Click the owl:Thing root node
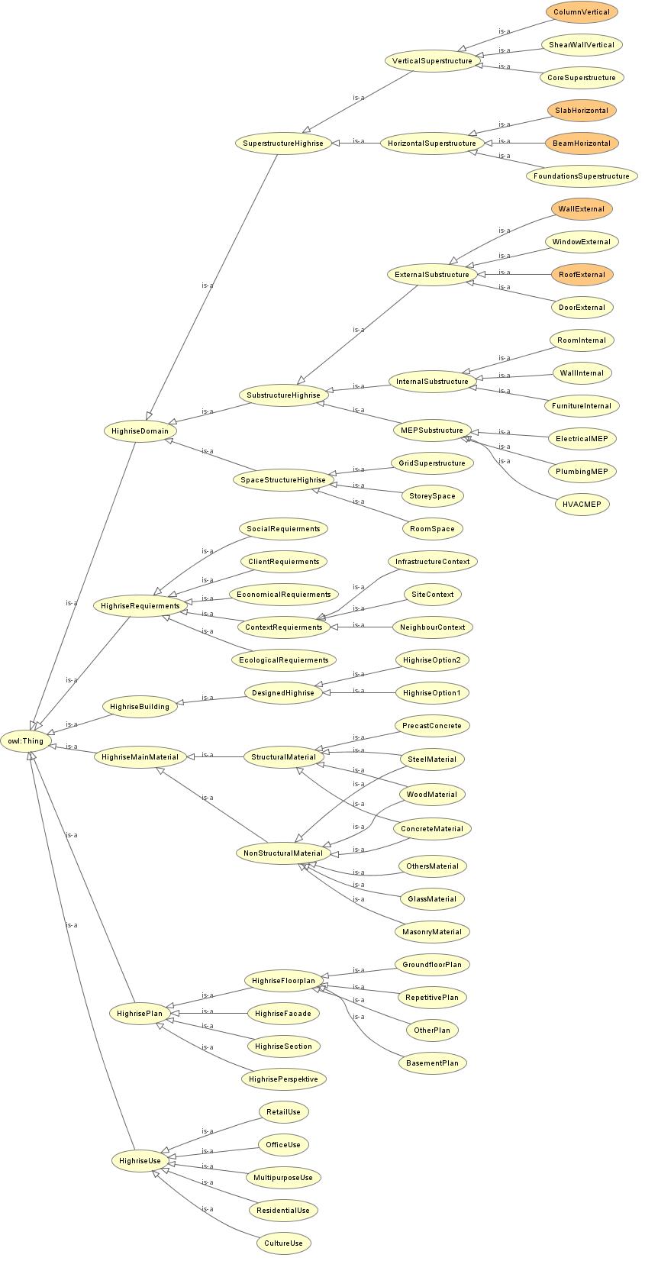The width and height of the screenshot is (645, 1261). [x=25, y=741]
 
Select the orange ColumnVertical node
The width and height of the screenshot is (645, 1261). [x=582, y=11]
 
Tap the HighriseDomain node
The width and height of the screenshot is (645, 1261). [x=140, y=431]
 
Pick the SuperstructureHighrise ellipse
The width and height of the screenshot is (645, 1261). [x=283, y=143]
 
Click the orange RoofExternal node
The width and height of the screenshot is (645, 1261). [x=582, y=275]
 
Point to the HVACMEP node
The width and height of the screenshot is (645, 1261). [x=582, y=505]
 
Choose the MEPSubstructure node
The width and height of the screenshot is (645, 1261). [x=432, y=430]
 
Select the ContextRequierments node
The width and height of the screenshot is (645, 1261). [x=284, y=627]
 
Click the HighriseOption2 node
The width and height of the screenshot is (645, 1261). [x=432, y=660]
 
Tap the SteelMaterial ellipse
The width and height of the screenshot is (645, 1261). [x=432, y=760]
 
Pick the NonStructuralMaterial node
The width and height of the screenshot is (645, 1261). [x=283, y=853]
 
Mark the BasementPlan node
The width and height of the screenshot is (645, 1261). [x=432, y=1063]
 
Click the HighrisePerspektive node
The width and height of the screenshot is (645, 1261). [x=283, y=1079]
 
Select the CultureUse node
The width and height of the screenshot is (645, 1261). [x=283, y=1243]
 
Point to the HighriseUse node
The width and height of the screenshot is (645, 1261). [x=140, y=1161]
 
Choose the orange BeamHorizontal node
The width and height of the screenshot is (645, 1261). [x=582, y=143]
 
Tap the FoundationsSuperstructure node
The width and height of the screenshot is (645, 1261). [x=582, y=176]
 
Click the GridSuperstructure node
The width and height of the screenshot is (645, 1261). [x=432, y=463]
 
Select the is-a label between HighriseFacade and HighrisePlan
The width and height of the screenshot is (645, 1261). [x=207, y=1011]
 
